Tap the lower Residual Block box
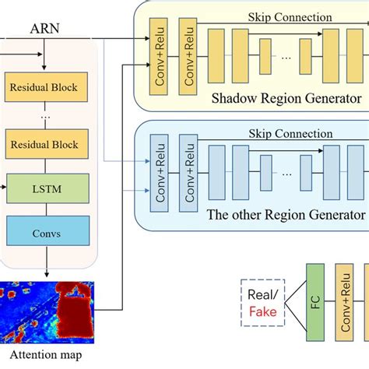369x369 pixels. coord(47,143)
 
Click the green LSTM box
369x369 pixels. coord(47,189)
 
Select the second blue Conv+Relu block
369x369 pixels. coord(188,173)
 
